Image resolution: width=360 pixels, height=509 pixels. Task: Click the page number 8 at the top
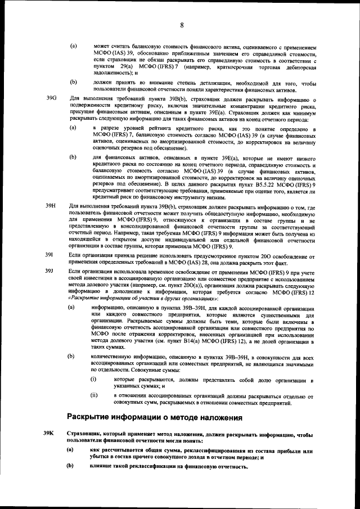[x=182, y=25]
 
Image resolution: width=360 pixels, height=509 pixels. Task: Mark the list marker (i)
[x=94, y=381]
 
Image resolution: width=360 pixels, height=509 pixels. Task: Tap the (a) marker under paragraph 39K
[x=71, y=450]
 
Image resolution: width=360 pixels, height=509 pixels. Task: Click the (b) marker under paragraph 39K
[x=71, y=466]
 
